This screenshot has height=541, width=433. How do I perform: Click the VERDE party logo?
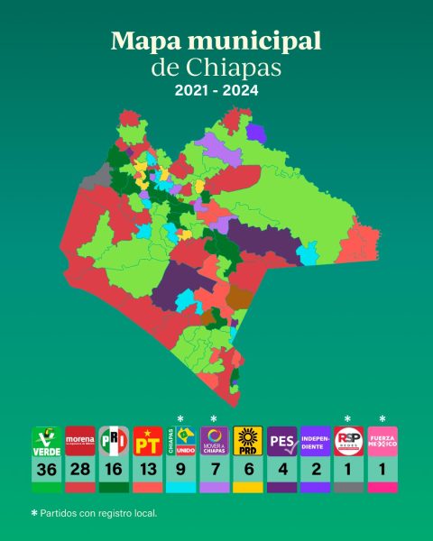pyautogui.click(x=47, y=442)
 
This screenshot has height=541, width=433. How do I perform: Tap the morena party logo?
pyautogui.click(x=80, y=442)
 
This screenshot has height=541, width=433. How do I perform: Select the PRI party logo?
pyautogui.click(x=114, y=442)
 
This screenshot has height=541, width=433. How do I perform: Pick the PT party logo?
pyautogui.click(x=147, y=442)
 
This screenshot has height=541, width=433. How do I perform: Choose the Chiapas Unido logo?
pyautogui.click(x=180, y=442)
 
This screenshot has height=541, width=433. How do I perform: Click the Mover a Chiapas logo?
pyautogui.click(x=214, y=442)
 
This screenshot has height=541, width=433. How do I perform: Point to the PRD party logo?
pyautogui.click(x=247, y=442)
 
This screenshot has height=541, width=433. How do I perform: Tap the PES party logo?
pyautogui.click(x=281, y=442)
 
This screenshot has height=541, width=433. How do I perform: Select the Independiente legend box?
pyautogui.click(x=315, y=442)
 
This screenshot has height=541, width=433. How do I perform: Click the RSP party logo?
pyautogui.click(x=348, y=442)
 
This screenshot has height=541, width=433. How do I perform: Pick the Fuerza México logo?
pyautogui.click(x=382, y=442)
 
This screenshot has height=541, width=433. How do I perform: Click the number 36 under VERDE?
pyautogui.click(x=47, y=471)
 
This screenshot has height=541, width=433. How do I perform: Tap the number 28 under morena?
pyautogui.click(x=80, y=471)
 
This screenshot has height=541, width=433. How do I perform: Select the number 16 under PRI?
pyautogui.click(x=114, y=471)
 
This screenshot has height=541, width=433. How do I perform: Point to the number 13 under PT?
pyautogui.click(x=147, y=471)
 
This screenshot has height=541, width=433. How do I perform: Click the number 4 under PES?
pyautogui.click(x=281, y=471)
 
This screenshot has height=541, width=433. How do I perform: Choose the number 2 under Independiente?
pyautogui.click(x=315, y=471)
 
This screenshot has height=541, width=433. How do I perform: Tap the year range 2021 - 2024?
pyautogui.click(x=216, y=92)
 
